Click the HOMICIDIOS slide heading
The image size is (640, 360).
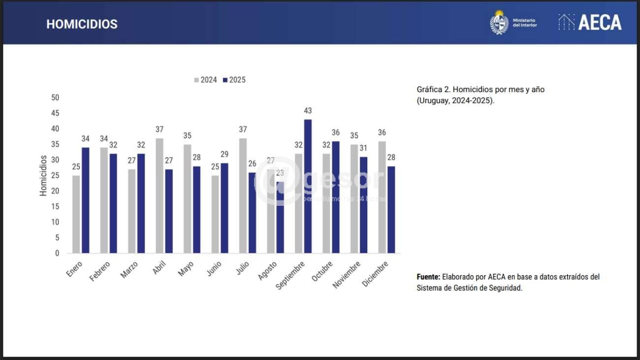coord(82,24)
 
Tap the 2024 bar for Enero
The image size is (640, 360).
coord(76,214)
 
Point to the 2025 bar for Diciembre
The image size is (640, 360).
coord(391,209)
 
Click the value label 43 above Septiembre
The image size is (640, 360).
coord(308,111)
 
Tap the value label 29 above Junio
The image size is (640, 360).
coord(224,154)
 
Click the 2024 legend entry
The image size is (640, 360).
coord(205,80)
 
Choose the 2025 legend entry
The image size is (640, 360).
coord(234,80)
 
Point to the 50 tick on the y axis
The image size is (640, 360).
coord(55,98)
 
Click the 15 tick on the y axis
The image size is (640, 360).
coord(55,206)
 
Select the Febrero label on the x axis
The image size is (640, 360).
coord(100,271)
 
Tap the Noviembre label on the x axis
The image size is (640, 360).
coord(347,275)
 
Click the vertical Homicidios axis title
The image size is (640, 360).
coord(43,176)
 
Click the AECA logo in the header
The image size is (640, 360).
coord(590,22)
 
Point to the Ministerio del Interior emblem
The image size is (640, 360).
coord(499,23)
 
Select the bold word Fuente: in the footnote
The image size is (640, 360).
coord(428,277)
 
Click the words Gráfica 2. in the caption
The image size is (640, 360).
coord(433,90)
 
